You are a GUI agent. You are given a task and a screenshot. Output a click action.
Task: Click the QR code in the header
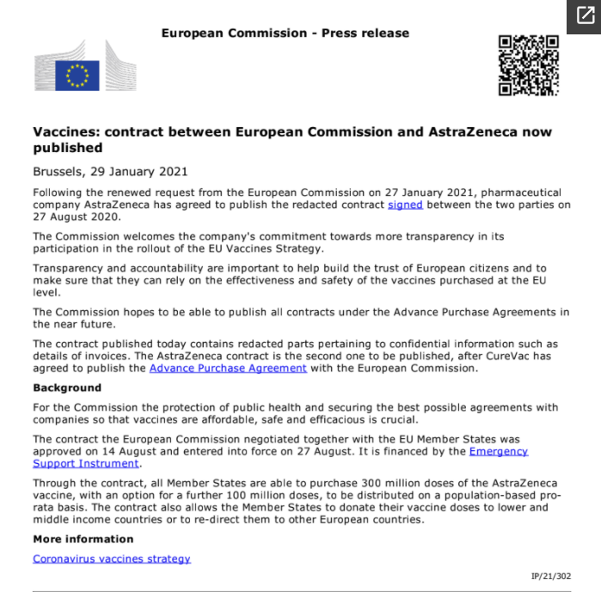tap(529, 65)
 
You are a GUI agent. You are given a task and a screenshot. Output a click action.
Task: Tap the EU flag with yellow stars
tap(77, 76)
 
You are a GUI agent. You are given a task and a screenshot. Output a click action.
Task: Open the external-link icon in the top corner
tap(583, 16)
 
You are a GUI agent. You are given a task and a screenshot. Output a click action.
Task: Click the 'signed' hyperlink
tap(405, 204)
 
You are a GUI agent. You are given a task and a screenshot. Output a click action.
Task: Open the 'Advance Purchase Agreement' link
tap(228, 368)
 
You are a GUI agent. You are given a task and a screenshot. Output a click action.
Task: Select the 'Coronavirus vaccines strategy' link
tap(112, 558)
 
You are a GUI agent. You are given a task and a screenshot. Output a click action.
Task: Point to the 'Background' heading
tap(67, 388)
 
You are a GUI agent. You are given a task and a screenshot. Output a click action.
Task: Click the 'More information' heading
tap(83, 539)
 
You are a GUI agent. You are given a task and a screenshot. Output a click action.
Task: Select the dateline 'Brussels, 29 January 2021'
tap(110, 171)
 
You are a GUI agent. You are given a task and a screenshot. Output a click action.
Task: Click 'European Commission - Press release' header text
tap(285, 34)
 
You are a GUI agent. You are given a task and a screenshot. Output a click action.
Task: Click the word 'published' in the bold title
tap(68, 148)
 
